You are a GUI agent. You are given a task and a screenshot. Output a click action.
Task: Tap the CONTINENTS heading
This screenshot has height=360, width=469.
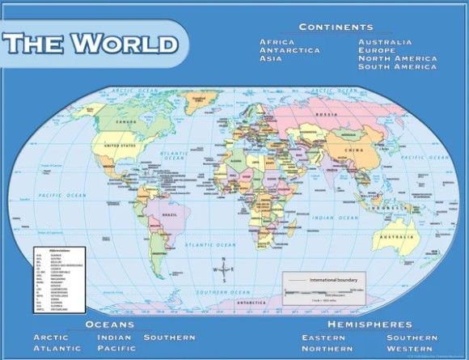(x=336, y=27)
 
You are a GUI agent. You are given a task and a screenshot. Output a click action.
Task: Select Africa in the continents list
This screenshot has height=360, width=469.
(x=277, y=41)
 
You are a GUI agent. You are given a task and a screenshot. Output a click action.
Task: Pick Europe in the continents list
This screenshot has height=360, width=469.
(x=377, y=50)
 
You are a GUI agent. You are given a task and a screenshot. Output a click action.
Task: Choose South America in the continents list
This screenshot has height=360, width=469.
(x=398, y=67)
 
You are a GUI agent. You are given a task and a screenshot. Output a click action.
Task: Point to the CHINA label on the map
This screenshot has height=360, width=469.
(x=354, y=150)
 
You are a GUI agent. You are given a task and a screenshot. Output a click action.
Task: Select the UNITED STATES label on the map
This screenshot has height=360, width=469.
(x=121, y=146)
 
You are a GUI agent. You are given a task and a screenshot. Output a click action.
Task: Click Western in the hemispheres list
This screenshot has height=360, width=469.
(x=412, y=348)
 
